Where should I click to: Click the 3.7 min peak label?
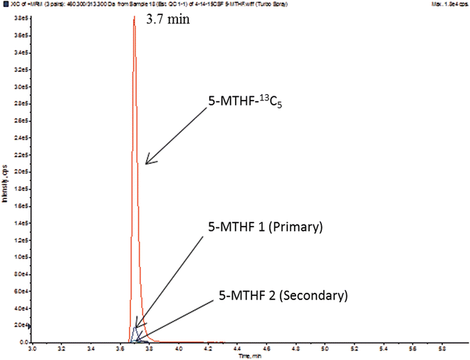169,22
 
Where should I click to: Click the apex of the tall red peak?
134,16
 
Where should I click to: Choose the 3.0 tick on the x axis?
32,351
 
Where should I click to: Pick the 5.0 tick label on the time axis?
324,351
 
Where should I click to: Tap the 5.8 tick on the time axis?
441,351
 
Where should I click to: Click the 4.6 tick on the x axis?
266,351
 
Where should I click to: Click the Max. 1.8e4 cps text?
449,4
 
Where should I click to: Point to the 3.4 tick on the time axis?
90,351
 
